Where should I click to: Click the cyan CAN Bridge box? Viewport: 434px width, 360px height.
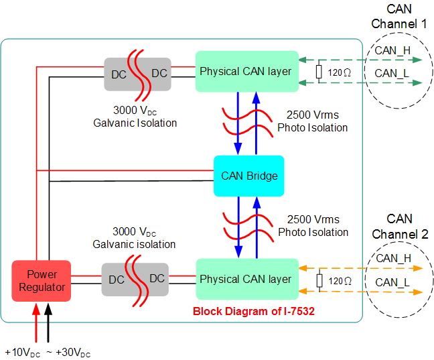(248, 176)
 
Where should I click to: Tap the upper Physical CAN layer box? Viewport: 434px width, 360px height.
(246, 71)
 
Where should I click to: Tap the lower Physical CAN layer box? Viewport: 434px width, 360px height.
(246, 279)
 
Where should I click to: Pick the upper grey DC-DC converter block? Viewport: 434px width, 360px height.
(137, 74)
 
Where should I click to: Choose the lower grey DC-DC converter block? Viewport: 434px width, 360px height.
(135, 280)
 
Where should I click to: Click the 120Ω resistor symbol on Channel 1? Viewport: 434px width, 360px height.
(319, 72)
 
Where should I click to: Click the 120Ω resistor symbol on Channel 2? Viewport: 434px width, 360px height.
(319, 280)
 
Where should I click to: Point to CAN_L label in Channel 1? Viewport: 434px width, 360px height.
(392, 73)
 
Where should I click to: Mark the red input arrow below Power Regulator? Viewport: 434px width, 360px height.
(35, 322)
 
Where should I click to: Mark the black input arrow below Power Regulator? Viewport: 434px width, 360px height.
(48, 322)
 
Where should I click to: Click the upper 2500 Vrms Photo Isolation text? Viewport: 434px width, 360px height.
(313, 122)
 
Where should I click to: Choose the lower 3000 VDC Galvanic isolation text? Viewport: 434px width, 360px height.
(134, 238)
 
